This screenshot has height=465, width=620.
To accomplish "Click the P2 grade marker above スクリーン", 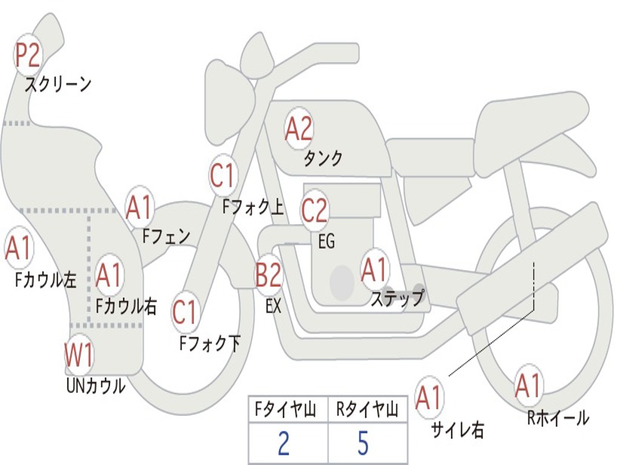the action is (x=28, y=55).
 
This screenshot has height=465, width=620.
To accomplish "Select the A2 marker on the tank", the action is (x=298, y=128).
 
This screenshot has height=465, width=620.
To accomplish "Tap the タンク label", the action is (x=323, y=159).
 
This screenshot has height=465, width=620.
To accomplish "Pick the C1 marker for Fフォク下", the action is (x=185, y=312).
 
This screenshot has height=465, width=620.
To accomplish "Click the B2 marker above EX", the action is (x=268, y=275).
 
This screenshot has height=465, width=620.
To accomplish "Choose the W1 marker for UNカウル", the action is (x=79, y=356).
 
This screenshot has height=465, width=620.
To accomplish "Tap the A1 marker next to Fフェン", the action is (x=140, y=207).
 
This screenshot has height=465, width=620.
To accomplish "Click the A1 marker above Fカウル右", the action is (x=109, y=275).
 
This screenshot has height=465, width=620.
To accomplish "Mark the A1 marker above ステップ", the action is (x=374, y=269).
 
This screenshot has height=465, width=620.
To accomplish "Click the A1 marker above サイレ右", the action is (x=429, y=397).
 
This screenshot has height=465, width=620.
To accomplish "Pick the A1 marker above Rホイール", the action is (x=528, y=385).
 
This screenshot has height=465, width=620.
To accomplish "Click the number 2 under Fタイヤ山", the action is (x=283, y=443).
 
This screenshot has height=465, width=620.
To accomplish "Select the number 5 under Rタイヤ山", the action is (x=363, y=443).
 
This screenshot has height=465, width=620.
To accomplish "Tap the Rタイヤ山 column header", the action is (x=367, y=411).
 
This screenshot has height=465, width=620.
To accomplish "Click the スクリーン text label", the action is (x=58, y=84).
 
